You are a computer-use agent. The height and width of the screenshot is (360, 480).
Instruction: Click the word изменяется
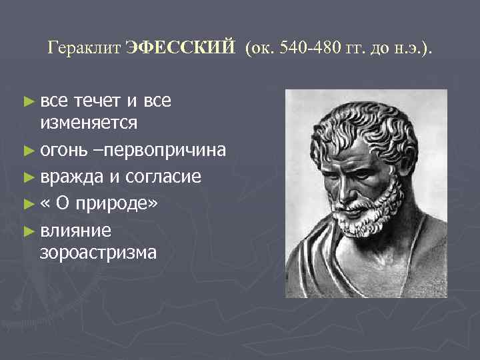click(x=89, y=123)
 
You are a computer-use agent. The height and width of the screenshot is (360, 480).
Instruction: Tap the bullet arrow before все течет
click(x=27, y=101)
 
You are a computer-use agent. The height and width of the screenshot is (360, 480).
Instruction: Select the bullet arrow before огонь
click(x=27, y=149)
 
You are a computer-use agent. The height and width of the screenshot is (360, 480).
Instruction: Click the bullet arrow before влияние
click(x=27, y=231)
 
